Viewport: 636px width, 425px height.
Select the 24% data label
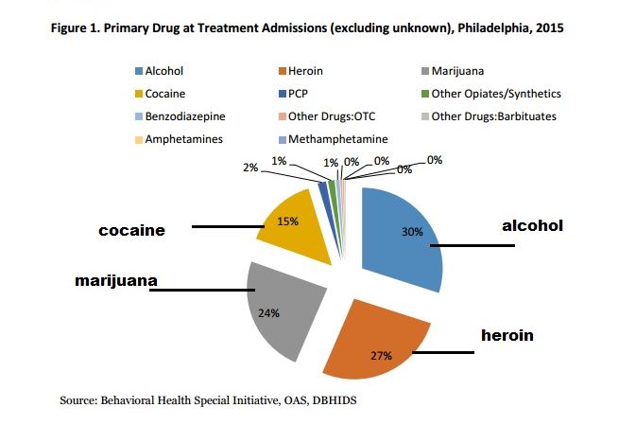[268, 313]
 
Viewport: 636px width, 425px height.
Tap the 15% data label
[288, 221]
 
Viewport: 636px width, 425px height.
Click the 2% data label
[249, 167]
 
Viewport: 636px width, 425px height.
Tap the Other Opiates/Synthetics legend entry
[495, 94]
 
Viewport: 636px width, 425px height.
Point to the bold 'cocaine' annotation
[133, 230]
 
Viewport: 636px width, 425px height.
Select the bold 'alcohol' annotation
[532, 225]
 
